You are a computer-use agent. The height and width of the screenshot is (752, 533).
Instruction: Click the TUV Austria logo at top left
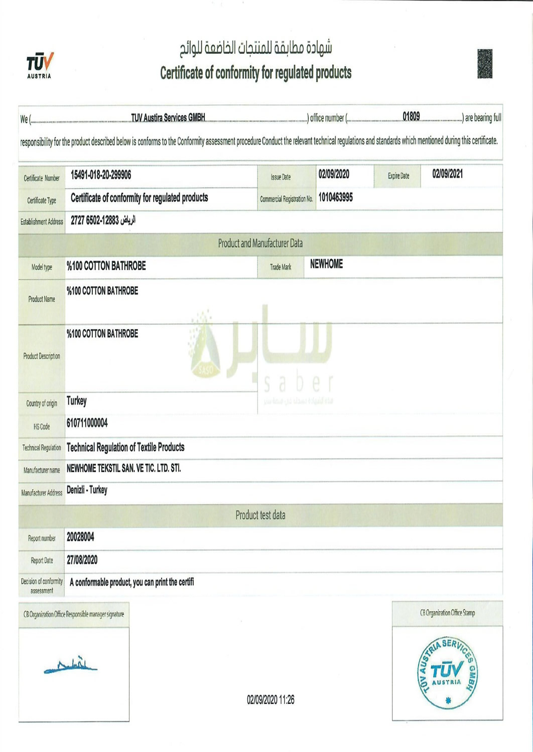click(40, 66)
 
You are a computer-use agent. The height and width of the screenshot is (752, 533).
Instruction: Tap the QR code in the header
click(485, 64)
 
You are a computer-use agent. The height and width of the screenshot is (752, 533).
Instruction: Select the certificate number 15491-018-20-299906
click(101, 175)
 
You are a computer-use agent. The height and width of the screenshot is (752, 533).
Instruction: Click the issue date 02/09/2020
click(334, 174)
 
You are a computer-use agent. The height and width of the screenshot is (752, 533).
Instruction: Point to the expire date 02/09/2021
click(448, 174)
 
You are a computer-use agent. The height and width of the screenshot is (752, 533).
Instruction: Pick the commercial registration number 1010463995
click(335, 198)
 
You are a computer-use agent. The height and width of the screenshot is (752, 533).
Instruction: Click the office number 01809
click(411, 117)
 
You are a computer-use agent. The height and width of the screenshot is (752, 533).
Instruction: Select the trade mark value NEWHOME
click(326, 264)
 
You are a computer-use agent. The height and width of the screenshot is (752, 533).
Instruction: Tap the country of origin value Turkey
click(77, 401)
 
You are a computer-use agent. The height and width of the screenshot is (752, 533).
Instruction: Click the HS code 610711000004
click(87, 423)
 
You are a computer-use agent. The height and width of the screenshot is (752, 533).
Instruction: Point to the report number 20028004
click(80, 537)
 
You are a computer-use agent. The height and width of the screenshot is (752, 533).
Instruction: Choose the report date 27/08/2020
click(82, 560)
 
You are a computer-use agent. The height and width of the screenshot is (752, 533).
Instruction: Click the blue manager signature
click(71, 666)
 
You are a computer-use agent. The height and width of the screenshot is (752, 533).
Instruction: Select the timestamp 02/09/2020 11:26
click(270, 700)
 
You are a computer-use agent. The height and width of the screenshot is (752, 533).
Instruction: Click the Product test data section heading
click(260, 515)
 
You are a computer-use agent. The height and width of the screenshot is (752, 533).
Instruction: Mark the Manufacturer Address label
click(42, 493)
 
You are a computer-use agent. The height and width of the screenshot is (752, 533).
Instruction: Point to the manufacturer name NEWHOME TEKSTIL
click(123, 468)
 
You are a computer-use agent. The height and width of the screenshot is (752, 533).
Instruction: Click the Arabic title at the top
click(256, 48)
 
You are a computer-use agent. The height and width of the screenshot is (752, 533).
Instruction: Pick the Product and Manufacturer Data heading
click(260, 244)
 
